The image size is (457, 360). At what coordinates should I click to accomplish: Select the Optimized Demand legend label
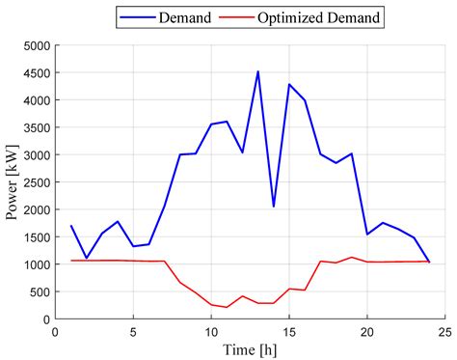click(333, 16)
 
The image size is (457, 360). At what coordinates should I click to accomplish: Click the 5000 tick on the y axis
click(34, 45)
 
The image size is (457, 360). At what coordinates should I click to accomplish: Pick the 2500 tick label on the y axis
click(34, 182)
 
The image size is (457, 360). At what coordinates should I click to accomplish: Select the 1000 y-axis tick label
click(34, 264)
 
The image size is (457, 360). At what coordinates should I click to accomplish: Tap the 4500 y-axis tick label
click(34, 72)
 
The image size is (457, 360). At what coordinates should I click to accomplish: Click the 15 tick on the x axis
click(289, 332)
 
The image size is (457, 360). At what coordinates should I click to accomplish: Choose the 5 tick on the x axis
click(133, 332)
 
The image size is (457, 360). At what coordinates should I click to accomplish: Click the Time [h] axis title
click(250, 349)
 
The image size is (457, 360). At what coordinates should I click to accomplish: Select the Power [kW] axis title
click(12, 181)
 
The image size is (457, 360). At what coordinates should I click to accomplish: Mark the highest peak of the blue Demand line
click(257, 71)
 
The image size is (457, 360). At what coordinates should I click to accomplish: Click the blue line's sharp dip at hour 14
click(274, 206)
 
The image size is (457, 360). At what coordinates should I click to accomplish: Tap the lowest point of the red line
click(227, 307)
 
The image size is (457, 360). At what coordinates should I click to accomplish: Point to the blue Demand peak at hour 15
click(289, 84)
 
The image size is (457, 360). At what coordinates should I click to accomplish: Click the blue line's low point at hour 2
click(87, 258)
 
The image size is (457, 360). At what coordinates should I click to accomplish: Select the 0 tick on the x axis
click(56, 332)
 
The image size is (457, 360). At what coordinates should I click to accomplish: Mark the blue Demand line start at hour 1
click(71, 226)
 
